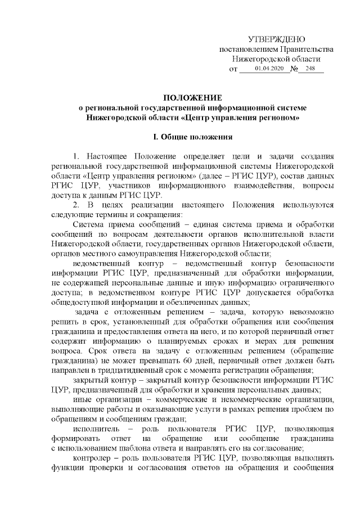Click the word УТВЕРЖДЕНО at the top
click(276, 39)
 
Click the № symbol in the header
click(294, 69)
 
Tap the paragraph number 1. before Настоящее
click(76, 156)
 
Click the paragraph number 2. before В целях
click(76, 205)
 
